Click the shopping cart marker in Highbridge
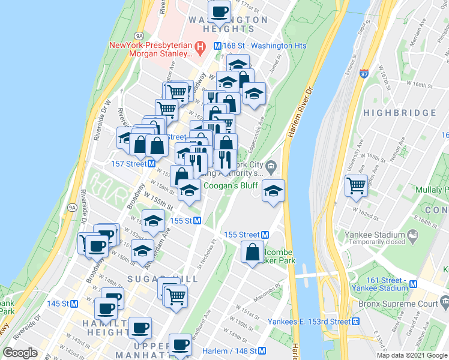coord(357,185)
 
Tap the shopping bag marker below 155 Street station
coord(253,252)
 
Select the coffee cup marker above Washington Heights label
coord(219,11)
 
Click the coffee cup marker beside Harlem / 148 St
coord(181,346)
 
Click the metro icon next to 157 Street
coord(152,163)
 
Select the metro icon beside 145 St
coord(74,304)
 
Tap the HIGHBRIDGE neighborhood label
coord(399,113)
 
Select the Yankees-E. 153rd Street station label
coord(309,321)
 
